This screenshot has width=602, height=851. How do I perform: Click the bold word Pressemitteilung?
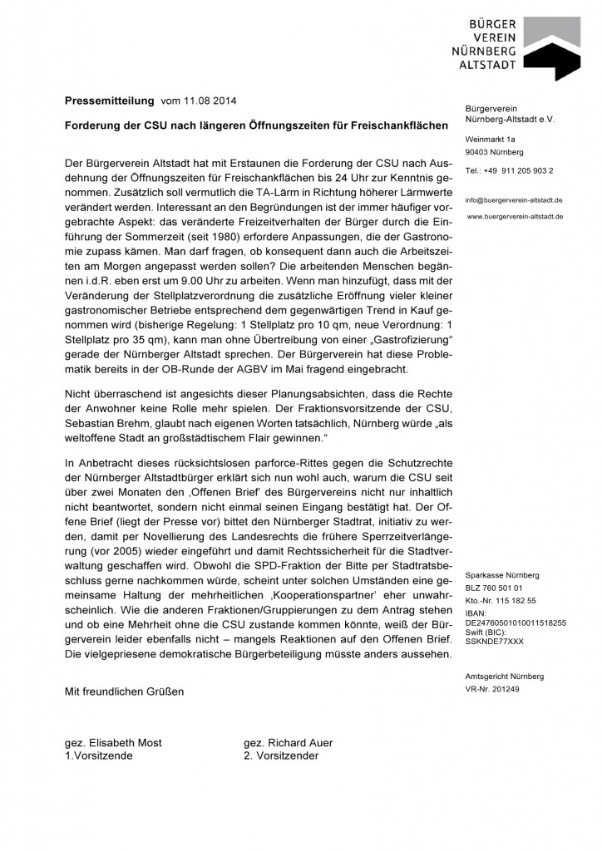tap(110, 101)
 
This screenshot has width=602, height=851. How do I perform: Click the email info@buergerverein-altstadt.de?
tap(514, 200)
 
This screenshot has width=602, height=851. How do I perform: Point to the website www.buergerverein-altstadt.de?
tap(516, 216)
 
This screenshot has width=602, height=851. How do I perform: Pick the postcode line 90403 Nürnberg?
tap(495, 153)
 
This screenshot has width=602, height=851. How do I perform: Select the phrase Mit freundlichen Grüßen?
tap(125, 691)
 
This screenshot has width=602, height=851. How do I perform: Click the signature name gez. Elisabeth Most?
tap(114, 743)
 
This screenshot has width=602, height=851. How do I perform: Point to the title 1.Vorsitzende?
tap(100, 756)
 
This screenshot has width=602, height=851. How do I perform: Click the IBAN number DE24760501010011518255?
tap(516, 621)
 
